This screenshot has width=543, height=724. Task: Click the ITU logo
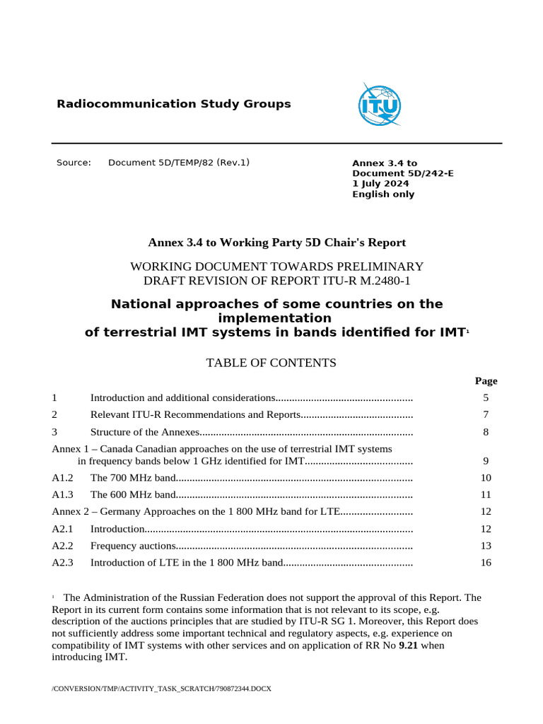[x=379, y=105]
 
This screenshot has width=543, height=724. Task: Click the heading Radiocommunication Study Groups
[x=173, y=104]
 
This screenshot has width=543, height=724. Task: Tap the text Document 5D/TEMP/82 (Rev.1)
[x=178, y=163]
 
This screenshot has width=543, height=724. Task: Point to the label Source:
[x=74, y=163]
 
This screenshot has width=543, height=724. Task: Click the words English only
[x=383, y=194]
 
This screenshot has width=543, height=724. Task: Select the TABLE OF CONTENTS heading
[x=271, y=363]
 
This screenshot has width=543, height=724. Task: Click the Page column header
[x=486, y=381]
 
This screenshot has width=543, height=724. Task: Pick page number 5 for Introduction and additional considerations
[x=486, y=398]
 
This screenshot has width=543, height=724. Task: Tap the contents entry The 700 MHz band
[x=132, y=478]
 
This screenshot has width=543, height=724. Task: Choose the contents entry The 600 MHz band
[x=132, y=495]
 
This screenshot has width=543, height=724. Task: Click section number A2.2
[x=62, y=546]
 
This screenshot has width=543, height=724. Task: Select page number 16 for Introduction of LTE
[x=486, y=563]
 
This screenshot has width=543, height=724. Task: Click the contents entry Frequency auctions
[x=133, y=546]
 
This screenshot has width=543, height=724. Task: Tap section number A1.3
[x=62, y=495]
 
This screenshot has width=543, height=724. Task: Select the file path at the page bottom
[x=161, y=688]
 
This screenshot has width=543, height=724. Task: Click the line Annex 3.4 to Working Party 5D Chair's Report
[x=276, y=243]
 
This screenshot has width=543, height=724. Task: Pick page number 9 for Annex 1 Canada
[x=486, y=461]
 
